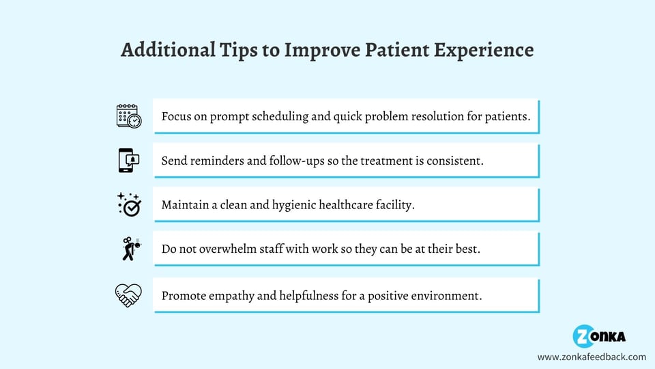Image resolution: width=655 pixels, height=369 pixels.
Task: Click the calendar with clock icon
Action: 128,116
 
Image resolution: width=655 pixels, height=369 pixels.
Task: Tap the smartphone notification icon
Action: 128,161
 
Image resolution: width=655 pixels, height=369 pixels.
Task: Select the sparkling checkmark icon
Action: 128,204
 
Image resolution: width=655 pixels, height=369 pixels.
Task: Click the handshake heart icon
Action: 128,295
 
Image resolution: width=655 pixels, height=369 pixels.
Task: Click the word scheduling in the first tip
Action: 276,117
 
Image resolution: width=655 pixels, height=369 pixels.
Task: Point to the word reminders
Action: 214,161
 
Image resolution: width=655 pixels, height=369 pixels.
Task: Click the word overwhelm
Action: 221,249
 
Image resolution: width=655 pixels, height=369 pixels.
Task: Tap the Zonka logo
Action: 598,336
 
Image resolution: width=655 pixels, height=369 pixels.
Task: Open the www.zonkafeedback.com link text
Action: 591,357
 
